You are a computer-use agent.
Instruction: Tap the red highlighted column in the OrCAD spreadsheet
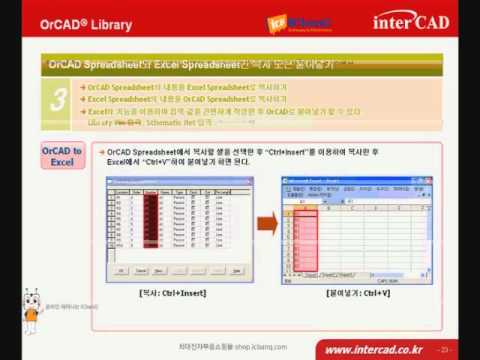150,226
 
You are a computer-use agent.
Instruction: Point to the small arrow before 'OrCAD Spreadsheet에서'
101,149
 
